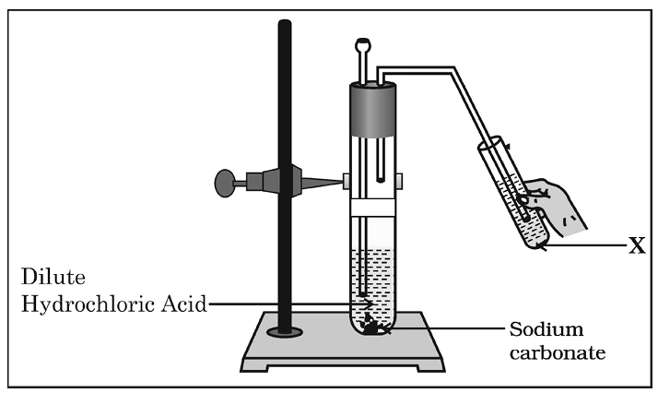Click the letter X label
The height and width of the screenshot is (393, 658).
point(637,245)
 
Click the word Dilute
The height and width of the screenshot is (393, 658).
point(53,277)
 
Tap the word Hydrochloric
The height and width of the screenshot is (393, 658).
point(88,304)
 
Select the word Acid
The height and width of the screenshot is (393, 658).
point(184,304)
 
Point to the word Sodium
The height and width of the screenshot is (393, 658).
point(546,328)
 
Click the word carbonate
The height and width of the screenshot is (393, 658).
point(558,352)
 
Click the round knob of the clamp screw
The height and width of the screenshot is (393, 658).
point(225,183)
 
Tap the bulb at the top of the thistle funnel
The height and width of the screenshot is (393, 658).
point(363,43)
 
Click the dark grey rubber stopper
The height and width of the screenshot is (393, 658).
point(372,109)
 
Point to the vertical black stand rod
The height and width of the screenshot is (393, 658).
point(285,176)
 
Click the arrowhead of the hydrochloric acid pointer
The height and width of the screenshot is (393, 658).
point(369,304)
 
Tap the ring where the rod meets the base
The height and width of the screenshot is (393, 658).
point(285,332)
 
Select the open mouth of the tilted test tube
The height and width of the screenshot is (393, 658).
point(489,144)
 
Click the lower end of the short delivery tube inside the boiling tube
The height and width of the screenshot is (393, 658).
point(381,180)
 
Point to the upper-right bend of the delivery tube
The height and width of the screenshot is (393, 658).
point(452,70)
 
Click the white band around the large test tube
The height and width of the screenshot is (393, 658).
point(372,208)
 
